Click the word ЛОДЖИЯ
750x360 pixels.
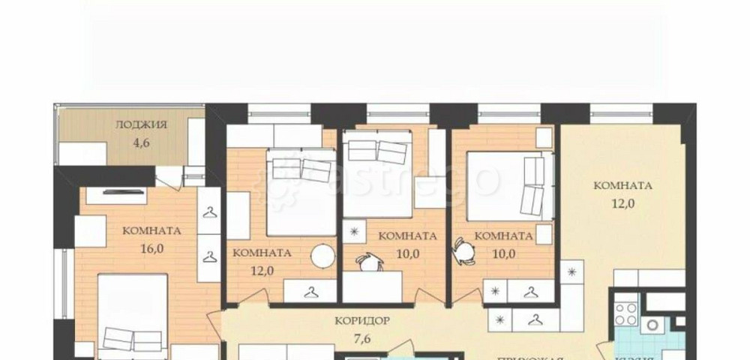142,125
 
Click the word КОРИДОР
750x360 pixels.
361,320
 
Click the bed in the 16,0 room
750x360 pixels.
133,315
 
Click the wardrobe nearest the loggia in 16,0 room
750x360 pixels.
209,213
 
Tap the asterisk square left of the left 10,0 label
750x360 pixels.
356,229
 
